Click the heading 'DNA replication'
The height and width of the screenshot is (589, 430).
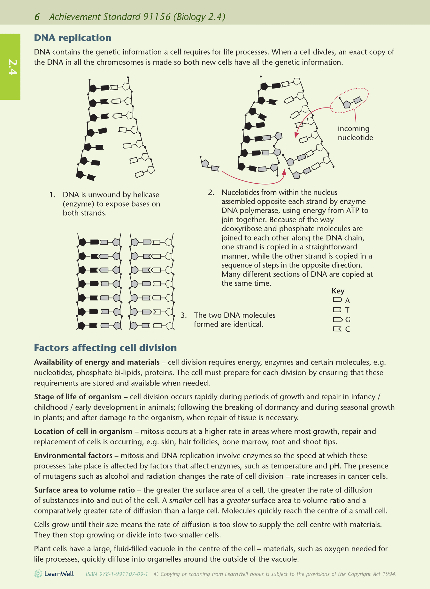[x=73, y=38]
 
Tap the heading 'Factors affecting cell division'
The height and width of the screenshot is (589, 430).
[x=105, y=348]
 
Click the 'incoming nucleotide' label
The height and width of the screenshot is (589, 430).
[x=355, y=133]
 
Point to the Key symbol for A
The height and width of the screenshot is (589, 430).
[x=337, y=300]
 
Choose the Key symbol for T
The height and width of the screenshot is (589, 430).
[x=337, y=310]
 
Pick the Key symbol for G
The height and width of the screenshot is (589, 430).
[x=337, y=320]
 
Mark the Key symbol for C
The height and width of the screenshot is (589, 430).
[x=337, y=329]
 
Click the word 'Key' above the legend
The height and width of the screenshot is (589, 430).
[x=338, y=291]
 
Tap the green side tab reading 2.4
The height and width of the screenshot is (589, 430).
[x=10, y=67]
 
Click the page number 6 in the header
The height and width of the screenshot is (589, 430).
[x=37, y=17]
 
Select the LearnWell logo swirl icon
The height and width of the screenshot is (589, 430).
[x=38, y=574]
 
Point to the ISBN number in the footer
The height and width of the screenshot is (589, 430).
[x=117, y=574]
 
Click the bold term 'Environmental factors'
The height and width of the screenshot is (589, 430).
[x=73, y=455]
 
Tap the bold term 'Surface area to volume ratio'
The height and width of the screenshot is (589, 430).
[x=84, y=490]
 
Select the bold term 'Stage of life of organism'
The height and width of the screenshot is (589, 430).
[x=78, y=397]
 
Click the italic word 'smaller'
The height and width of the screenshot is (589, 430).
[x=180, y=500]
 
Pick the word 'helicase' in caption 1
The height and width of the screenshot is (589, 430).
[x=146, y=195]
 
